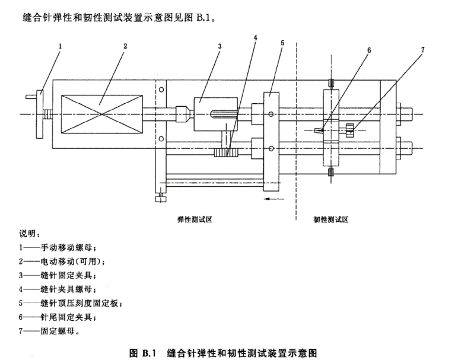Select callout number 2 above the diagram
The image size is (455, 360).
(x=125, y=46)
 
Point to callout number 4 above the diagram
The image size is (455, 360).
(x=255, y=37)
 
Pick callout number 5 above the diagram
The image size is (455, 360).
(x=282, y=43)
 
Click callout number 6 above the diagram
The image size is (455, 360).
(x=368, y=50)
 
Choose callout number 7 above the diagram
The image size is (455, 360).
(x=423, y=50)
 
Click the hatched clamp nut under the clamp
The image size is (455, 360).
(x=225, y=154)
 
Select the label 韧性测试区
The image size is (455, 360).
(x=330, y=219)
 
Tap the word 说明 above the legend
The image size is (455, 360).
(x=28, y=232)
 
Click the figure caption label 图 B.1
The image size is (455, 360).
(x=141, y=353)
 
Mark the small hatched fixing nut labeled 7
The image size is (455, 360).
(x=350, y=128)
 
